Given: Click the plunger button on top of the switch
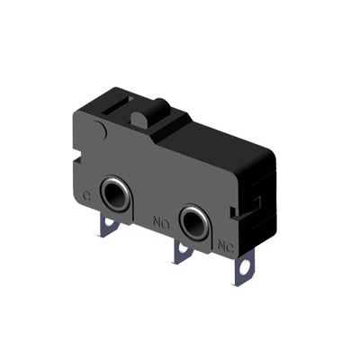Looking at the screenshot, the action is [x=150, y=115].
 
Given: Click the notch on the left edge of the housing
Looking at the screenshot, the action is [x=77, y=158].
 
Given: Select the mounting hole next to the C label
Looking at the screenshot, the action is [x=115, y=193].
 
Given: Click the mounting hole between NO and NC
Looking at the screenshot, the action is [x=195, y=223].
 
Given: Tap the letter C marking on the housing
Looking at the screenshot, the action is [x=86, y=197].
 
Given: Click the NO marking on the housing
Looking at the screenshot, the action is [x=161, y=222].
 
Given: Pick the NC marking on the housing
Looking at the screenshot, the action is [x=226, y=246].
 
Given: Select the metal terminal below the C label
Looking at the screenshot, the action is [x=108, y=226].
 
